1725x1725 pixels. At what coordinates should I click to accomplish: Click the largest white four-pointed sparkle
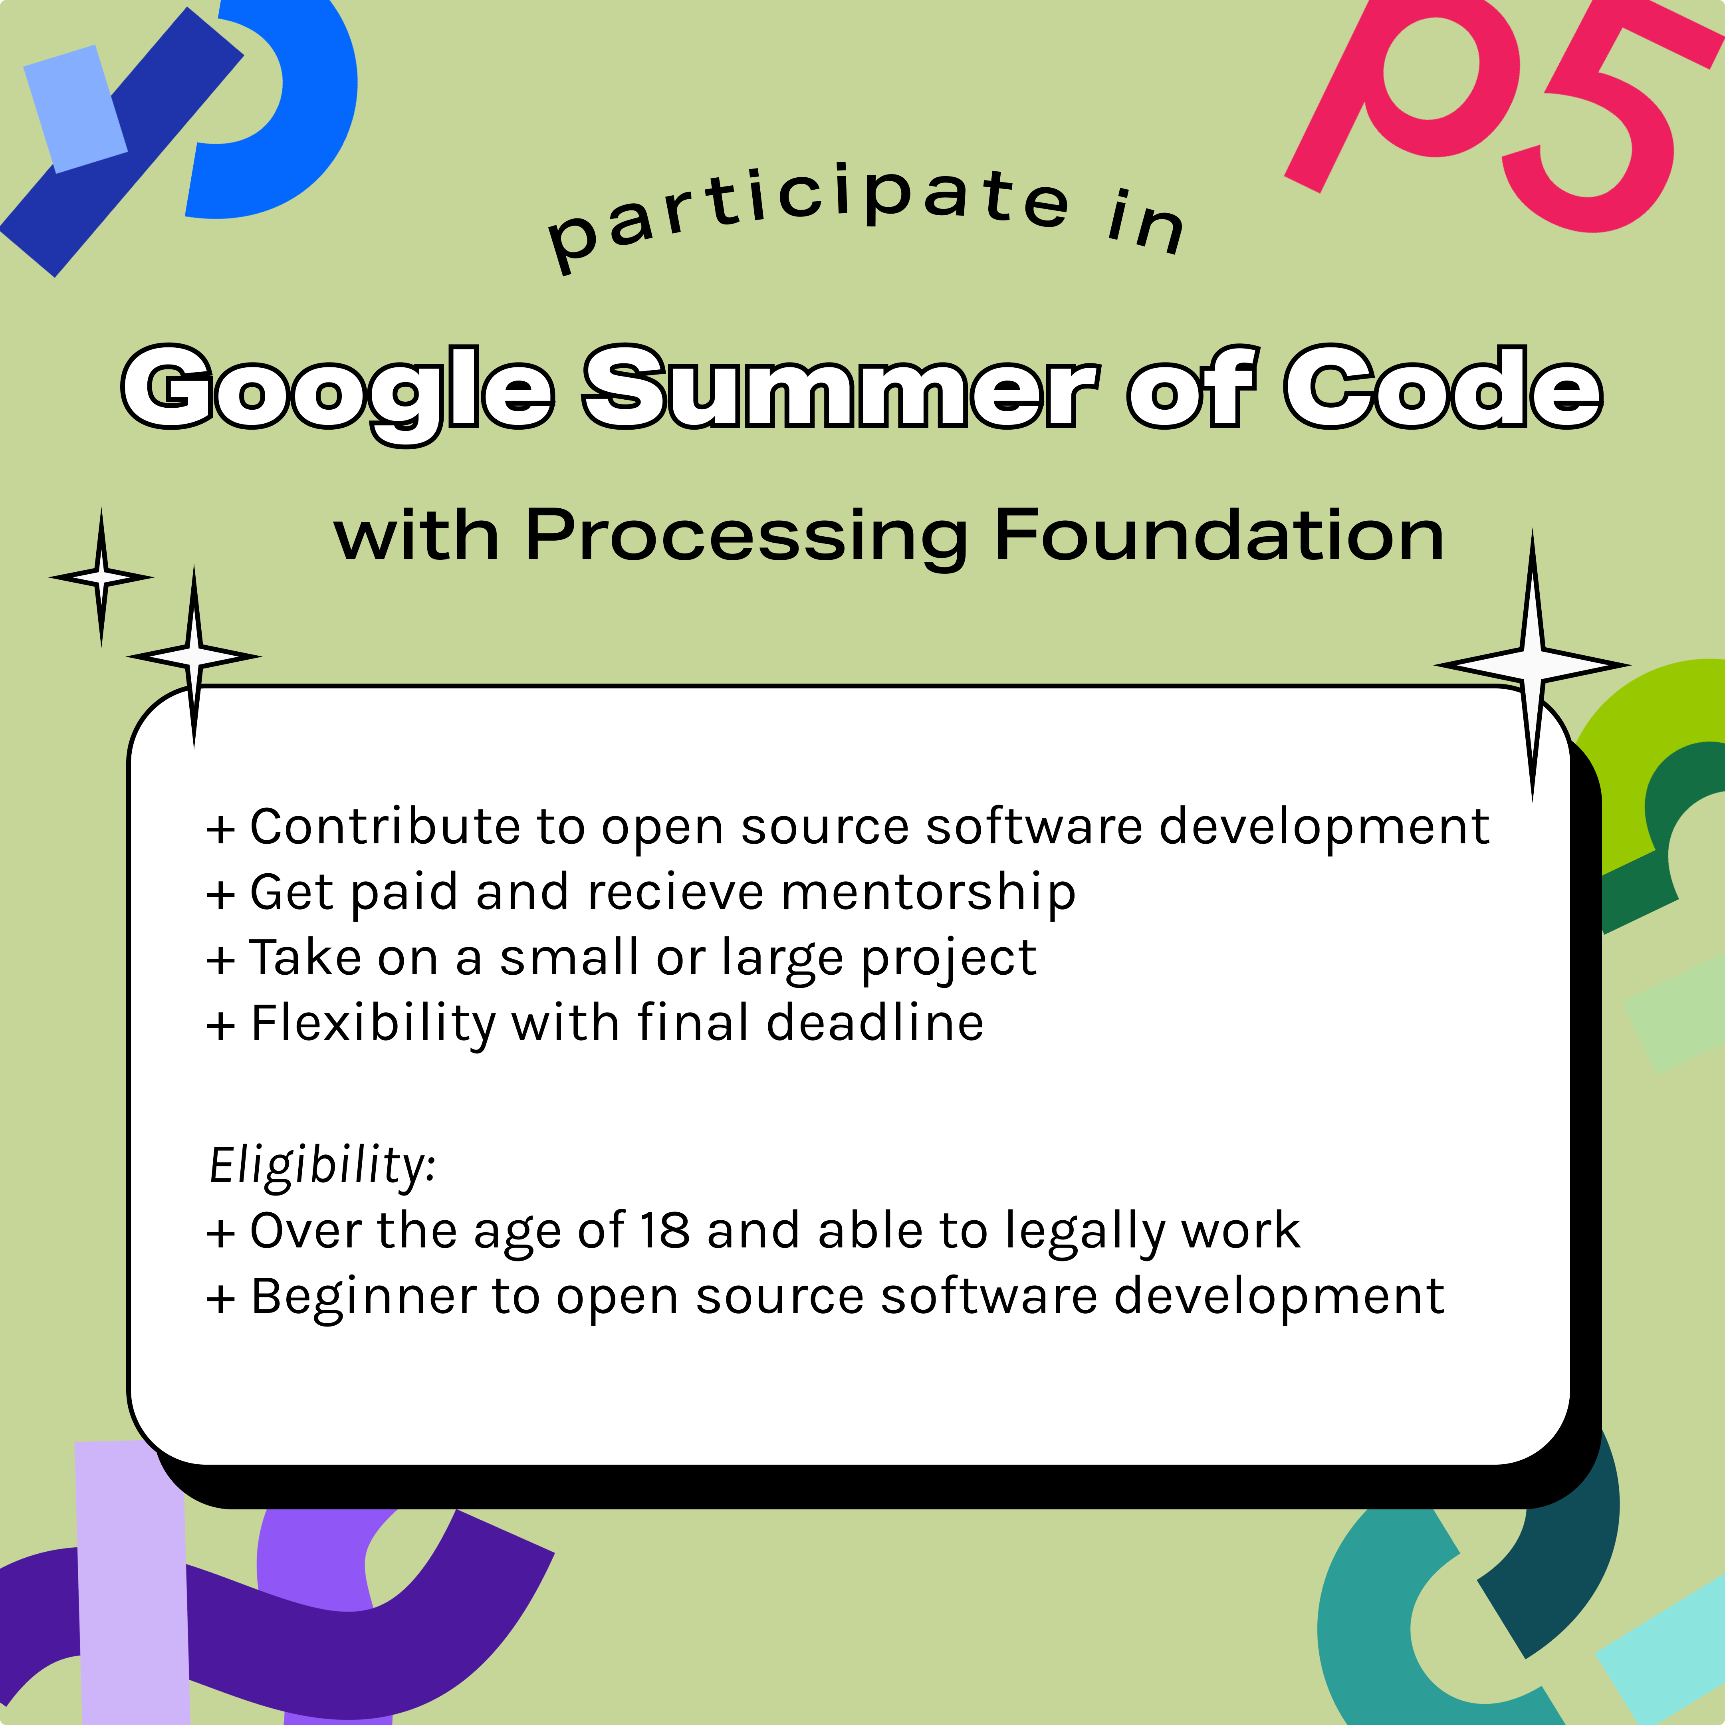click(x=1532, y=665)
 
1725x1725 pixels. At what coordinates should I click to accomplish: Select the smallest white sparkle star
click(x=101, y=577)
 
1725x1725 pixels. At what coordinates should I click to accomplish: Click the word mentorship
click(x=928, y=893)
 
